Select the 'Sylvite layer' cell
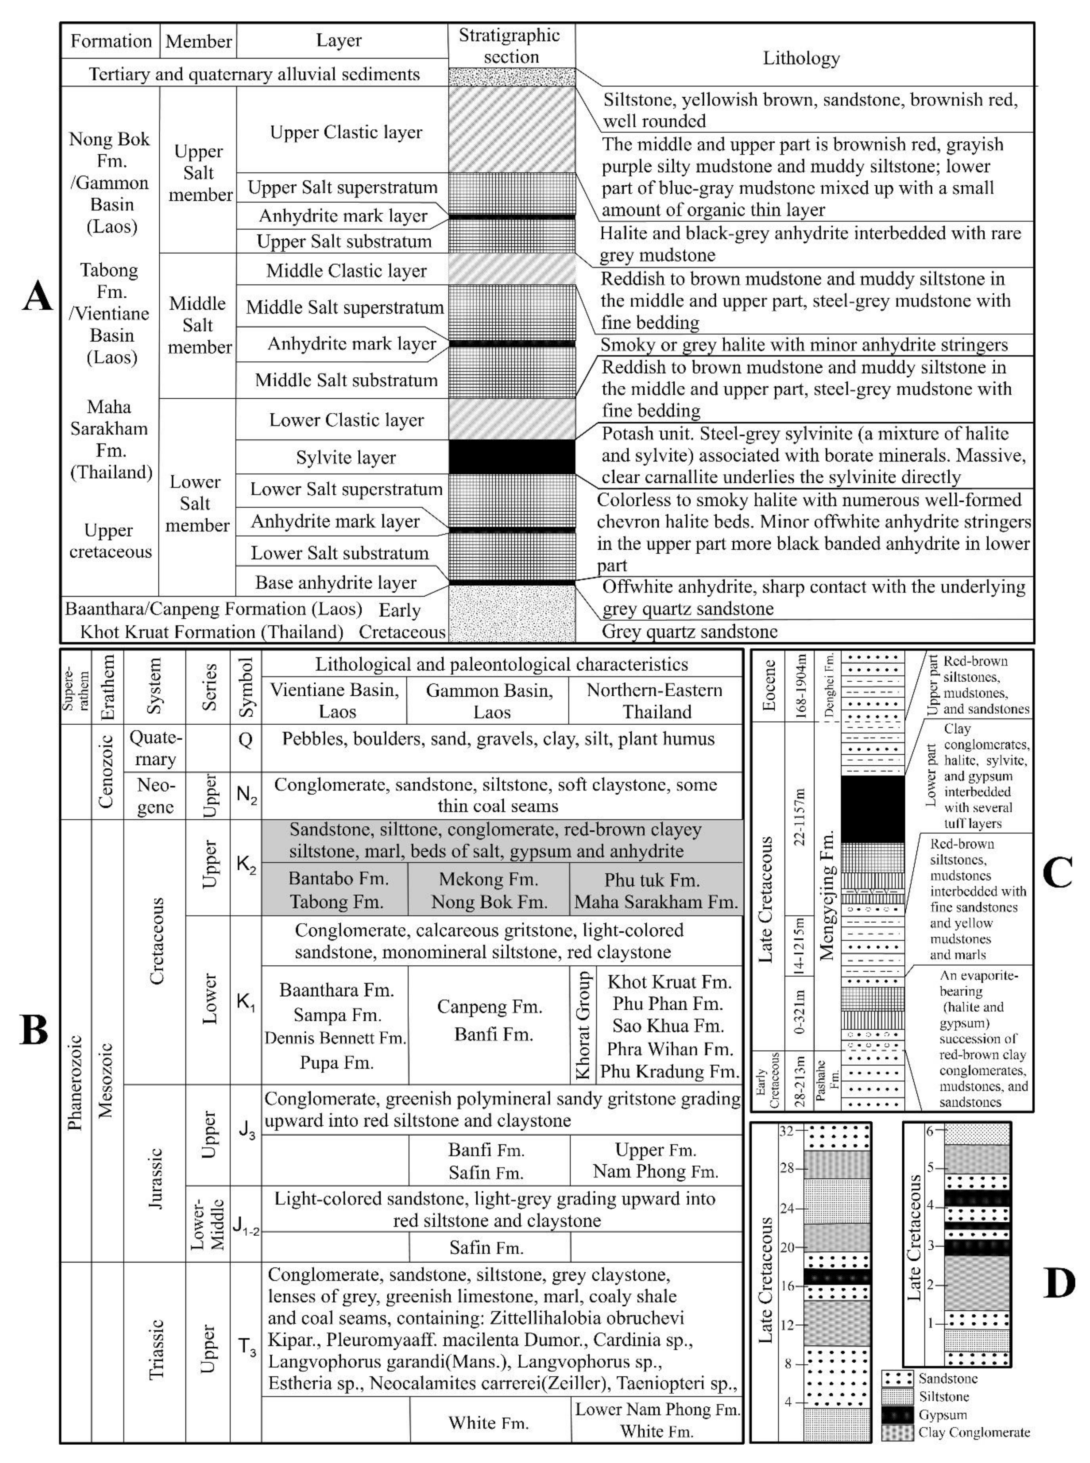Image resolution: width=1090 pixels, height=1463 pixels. [x=346, y=457]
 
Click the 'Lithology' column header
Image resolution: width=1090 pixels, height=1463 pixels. [x=801, y=58]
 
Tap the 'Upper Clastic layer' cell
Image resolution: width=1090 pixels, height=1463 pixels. [x=346, y=132]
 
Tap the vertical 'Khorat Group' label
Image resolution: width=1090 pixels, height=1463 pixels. [x=583, y=1024]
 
